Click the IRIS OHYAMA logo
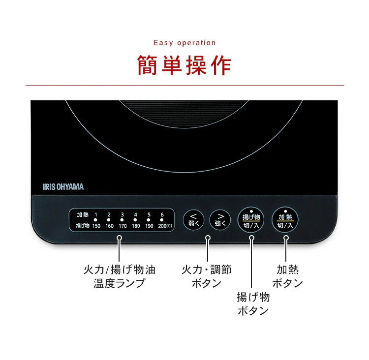(x=63, y=187)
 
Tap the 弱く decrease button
(x=193, y=220)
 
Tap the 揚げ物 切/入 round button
(x=251, y=220)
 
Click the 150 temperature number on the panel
(x=96, y=226)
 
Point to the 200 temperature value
(x=162, y=226)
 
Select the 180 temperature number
(x=136, y=226)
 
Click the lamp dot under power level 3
(x=122, y=220)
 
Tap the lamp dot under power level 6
(x=162, y=220)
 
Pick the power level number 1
(x=96, y=214)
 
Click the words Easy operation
(x=184, y=43)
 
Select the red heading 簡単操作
(x=184, y=65)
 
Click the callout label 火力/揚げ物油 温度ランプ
(x=120, y=276)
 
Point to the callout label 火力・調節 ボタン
(x=207, y=276)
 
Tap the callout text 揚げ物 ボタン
(x=253, y=304)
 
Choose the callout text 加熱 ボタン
(x=288, y=276)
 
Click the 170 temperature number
(x=123, y=226)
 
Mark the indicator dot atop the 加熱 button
(x=285, y=211)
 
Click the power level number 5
(x=149, y=214)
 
